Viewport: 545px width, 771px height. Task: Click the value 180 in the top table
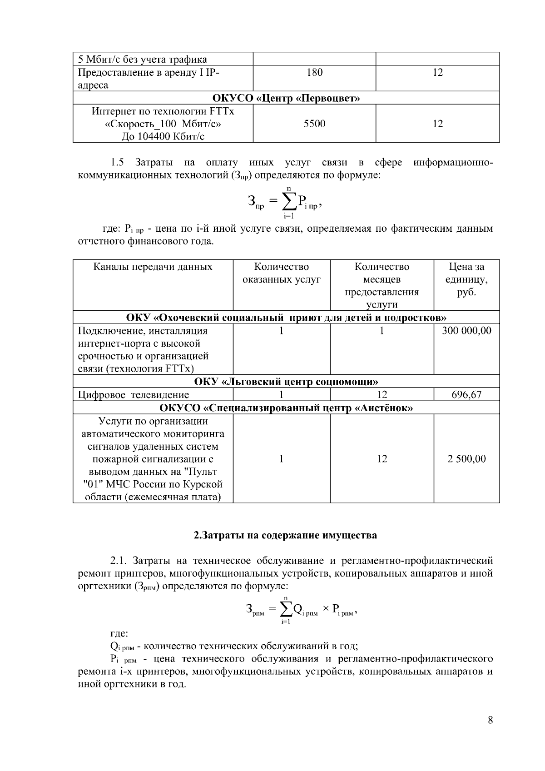(314, 72)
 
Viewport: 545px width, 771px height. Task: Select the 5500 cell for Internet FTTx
(314, 124)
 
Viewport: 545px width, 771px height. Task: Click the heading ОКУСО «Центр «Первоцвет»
(286, 98)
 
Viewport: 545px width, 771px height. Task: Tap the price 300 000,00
(466, 331)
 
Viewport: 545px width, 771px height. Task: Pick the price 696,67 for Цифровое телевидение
(466, 395)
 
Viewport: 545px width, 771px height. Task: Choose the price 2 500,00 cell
(466, 459)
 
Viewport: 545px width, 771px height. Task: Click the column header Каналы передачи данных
(153, 267)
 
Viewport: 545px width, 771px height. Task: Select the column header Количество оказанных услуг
(281, 274)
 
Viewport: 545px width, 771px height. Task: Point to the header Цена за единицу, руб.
(466, 279)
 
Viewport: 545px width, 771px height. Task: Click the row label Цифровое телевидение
(134, 395)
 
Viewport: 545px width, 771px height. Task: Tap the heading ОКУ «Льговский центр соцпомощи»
(286, 382)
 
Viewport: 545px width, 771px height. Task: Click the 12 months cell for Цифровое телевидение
(381, 395)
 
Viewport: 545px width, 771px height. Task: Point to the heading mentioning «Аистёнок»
(286, 408)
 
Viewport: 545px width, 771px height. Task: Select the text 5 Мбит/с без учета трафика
(143, 60)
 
